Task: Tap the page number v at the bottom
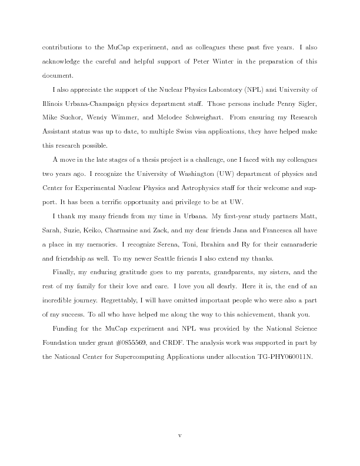[x=179, y=437]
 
